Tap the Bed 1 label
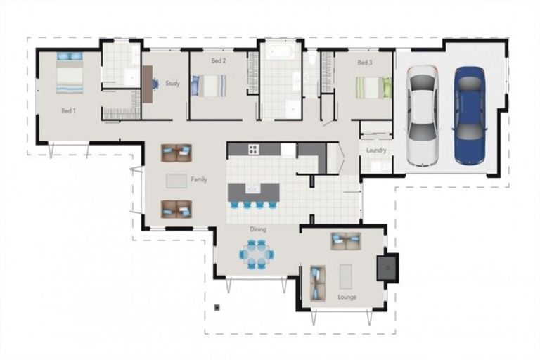click(x=68, y=110)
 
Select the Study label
click(x=172, y=84)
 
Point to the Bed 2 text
click(x=218, y=61)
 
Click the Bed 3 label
click(x=364, y=63)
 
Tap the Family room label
click(x=199, y=180)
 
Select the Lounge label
click(x=347, y=297)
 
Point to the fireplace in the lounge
click(x=387, y=267)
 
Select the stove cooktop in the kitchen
click(x=253, y=148)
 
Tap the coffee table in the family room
click(x=176, y=181)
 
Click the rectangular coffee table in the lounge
click(x=346, y=276)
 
